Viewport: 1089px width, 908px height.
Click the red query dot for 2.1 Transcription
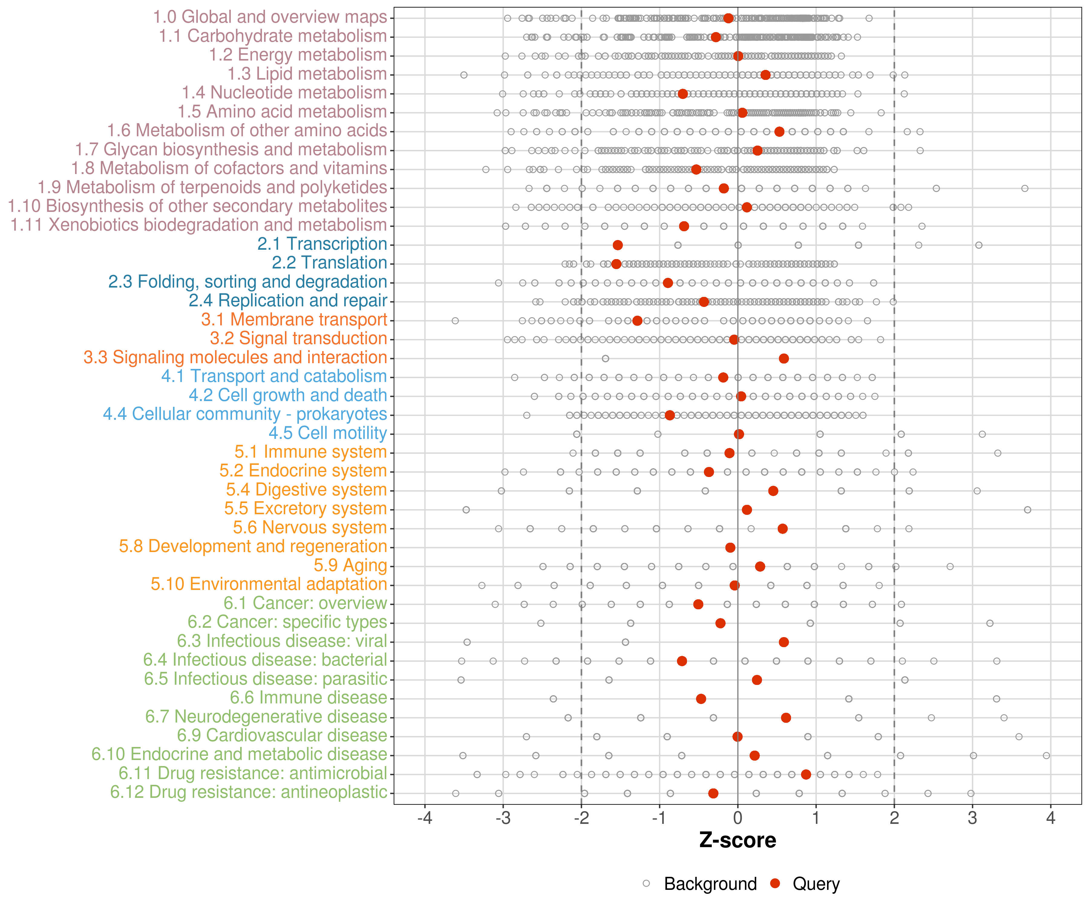[617, 245]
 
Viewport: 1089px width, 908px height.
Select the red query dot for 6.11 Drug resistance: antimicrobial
[806, 774]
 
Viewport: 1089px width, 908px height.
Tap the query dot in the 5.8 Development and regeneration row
[730, 548]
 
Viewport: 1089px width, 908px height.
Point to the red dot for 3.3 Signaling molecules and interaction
[783, 359]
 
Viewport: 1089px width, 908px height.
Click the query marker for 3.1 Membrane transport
[637, 321]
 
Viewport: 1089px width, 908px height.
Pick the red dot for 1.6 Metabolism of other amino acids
[779, 132]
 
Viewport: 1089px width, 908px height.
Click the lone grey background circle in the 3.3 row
[605, 359]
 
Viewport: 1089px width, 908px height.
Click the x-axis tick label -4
[425, 819]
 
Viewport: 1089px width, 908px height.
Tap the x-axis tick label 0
[737, 819]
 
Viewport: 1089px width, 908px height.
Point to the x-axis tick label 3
[972, 819]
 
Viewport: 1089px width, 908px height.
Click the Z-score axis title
[737, 841]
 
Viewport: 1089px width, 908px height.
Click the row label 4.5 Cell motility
[328, 433]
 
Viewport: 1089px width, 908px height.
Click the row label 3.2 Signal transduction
[298, 338]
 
